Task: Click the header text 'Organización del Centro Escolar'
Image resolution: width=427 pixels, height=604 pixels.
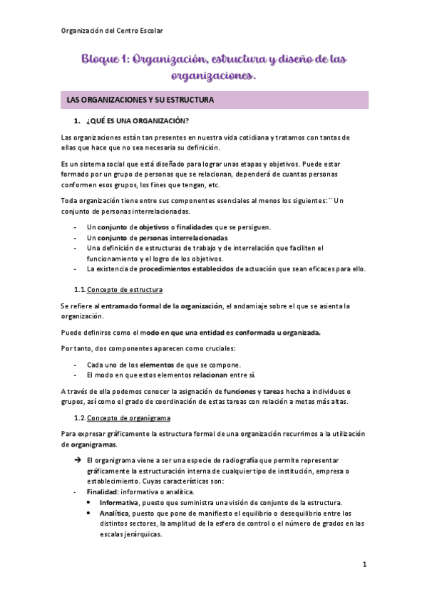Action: click(x=112, y=31)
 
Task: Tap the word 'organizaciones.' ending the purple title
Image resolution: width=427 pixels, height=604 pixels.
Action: click(x=213, y=74)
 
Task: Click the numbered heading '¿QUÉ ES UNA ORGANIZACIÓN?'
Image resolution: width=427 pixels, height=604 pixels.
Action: click(x=137, y=120)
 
